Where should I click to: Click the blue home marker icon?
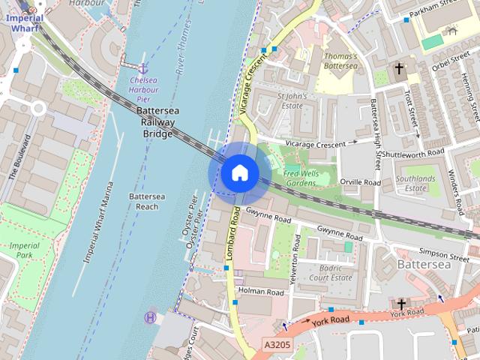239,172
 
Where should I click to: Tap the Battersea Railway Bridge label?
156,122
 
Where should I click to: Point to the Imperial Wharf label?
20,22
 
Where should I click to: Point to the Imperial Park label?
24,250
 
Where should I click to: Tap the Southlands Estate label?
416,184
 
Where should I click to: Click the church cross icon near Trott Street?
399,70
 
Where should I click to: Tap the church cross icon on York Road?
401,304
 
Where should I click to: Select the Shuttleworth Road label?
413,153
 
